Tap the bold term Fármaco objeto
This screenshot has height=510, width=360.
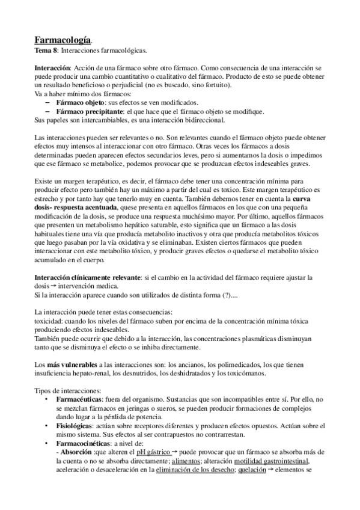pyautogui.click(x=82, y=103)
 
